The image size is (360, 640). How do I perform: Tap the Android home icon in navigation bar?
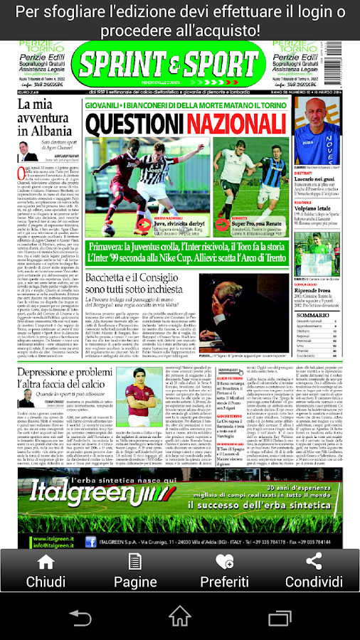tap(180, 617)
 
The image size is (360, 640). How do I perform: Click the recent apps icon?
tap(280, 617)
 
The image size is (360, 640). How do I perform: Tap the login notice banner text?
tap(180, 21)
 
